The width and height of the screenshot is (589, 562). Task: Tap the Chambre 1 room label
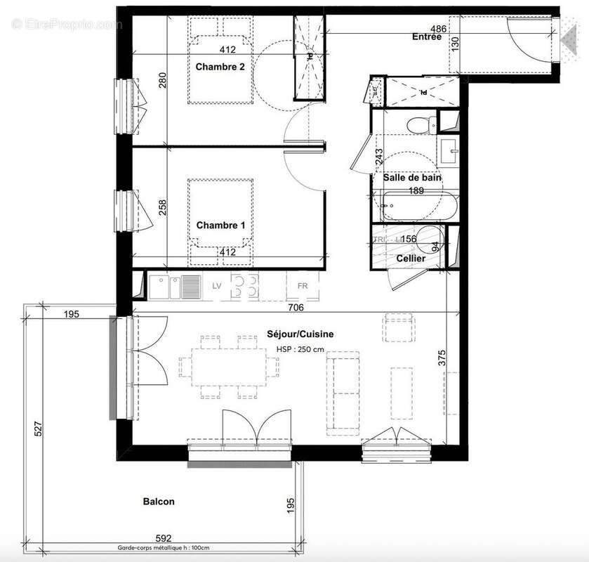click(x=220, y=226)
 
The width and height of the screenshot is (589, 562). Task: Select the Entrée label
click(x=427, y=37)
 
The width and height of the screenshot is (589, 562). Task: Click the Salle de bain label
click(x=412, y=178)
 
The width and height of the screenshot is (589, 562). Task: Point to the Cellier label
click(x=411, y=259)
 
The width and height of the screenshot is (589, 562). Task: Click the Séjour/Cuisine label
click(x=300, y=334)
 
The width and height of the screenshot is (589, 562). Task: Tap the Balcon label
click(x=159, y=502)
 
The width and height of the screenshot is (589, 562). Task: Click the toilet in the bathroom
click(x=419, y=124)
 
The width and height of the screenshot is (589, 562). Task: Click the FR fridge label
click(x=303, y=287)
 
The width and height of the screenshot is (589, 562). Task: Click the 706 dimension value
click(x=295, y=307)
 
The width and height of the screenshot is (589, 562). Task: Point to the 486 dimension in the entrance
click(x=438, y=29)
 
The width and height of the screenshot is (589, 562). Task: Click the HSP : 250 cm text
click(x=300, y=349)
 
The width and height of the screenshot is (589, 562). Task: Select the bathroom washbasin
click(x=448, y=148)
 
